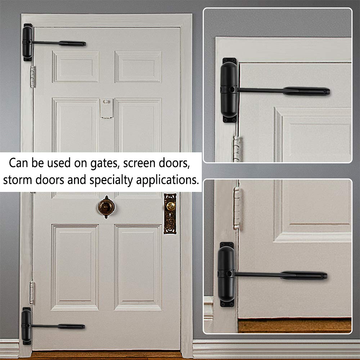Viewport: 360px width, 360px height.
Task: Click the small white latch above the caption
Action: click(107, 108)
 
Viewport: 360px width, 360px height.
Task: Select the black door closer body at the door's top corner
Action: click(28, 42)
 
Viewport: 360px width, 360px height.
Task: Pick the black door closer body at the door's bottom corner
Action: click(26, 326)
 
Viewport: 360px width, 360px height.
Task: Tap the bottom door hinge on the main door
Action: click(32, 292)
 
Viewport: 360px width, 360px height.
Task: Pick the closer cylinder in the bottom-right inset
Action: click(226, 274)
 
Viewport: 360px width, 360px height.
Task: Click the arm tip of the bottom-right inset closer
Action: click(323, 276)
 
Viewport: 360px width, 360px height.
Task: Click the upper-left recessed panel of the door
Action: click(76, 67)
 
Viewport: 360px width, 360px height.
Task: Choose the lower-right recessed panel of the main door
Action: click(138, 267)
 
